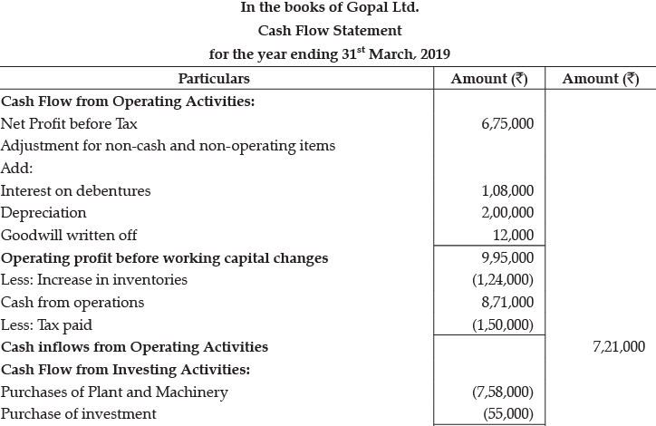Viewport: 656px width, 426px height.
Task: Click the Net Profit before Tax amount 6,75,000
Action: [508, 123]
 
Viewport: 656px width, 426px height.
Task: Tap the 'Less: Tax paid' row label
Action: [46, 324]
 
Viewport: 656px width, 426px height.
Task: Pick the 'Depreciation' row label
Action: [43, 213]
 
